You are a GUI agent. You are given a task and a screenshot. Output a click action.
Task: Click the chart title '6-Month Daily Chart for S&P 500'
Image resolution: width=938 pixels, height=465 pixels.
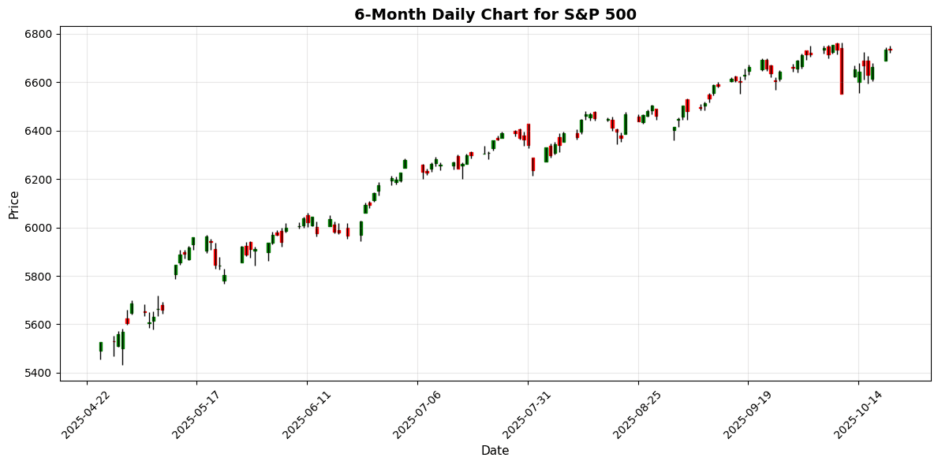(495, 14)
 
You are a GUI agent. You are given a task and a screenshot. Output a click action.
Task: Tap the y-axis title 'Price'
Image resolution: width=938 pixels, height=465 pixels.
(13, 203)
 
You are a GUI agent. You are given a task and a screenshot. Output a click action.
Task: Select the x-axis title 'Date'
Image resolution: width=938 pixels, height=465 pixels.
(495, 451)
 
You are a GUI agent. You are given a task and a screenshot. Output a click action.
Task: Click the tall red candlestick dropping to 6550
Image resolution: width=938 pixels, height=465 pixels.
(842, 71)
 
